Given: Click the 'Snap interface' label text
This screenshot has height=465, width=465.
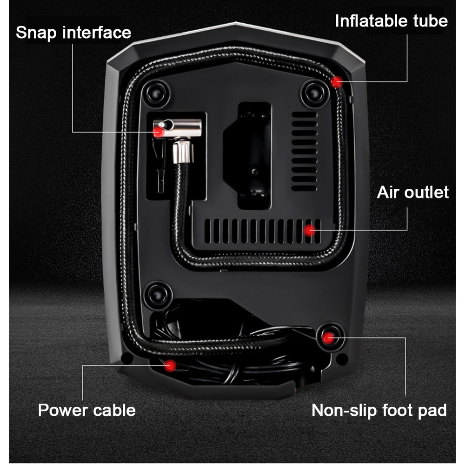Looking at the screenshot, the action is [x=73, y=33].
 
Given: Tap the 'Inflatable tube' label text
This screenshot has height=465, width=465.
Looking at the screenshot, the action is [x=391, y=21].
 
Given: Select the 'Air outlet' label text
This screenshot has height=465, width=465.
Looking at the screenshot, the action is [x=413, y=192].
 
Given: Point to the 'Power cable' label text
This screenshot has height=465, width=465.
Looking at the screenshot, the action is [x=86, y=410].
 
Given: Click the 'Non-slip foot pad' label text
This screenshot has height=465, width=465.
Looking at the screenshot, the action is [x=379, y=410].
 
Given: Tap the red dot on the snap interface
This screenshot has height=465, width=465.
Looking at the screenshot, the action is [x=159, y=132].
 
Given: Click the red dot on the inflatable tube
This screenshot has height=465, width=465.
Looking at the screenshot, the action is [x=336, y=82].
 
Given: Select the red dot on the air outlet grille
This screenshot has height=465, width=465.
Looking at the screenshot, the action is [x=310, y=229].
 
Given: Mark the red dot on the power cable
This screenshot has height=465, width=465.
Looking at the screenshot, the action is [x=171, y=366].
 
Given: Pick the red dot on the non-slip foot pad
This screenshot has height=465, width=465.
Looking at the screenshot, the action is [x=329, y=338].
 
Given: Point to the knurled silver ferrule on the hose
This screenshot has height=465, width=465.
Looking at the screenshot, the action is [x=182, y=153].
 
